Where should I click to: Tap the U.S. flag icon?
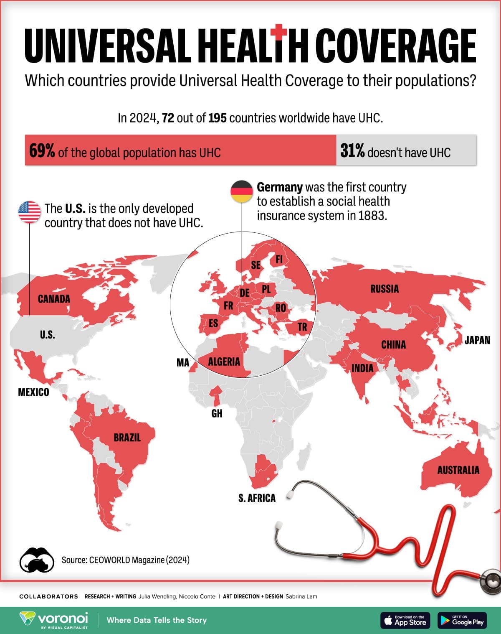[29, 212]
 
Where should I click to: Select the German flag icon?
[242, 191]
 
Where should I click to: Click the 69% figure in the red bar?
[42, 151]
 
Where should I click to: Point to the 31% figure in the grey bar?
[352, 151]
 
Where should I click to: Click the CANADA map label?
[54, 299]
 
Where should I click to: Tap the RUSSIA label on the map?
[385, 289]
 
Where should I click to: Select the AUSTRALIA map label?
[458, 470]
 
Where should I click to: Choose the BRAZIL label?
[127, 438]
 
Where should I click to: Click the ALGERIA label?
[224, 362]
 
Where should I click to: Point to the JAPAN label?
[477, 340]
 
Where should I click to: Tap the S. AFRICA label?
[257, 498]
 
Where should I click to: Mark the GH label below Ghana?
[217, 413]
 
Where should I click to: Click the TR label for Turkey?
[302, 327]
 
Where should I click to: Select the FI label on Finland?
[279, 260]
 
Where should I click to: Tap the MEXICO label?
[33, 392]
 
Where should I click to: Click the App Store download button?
[405, 620]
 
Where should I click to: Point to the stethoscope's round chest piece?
[491, 581]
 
